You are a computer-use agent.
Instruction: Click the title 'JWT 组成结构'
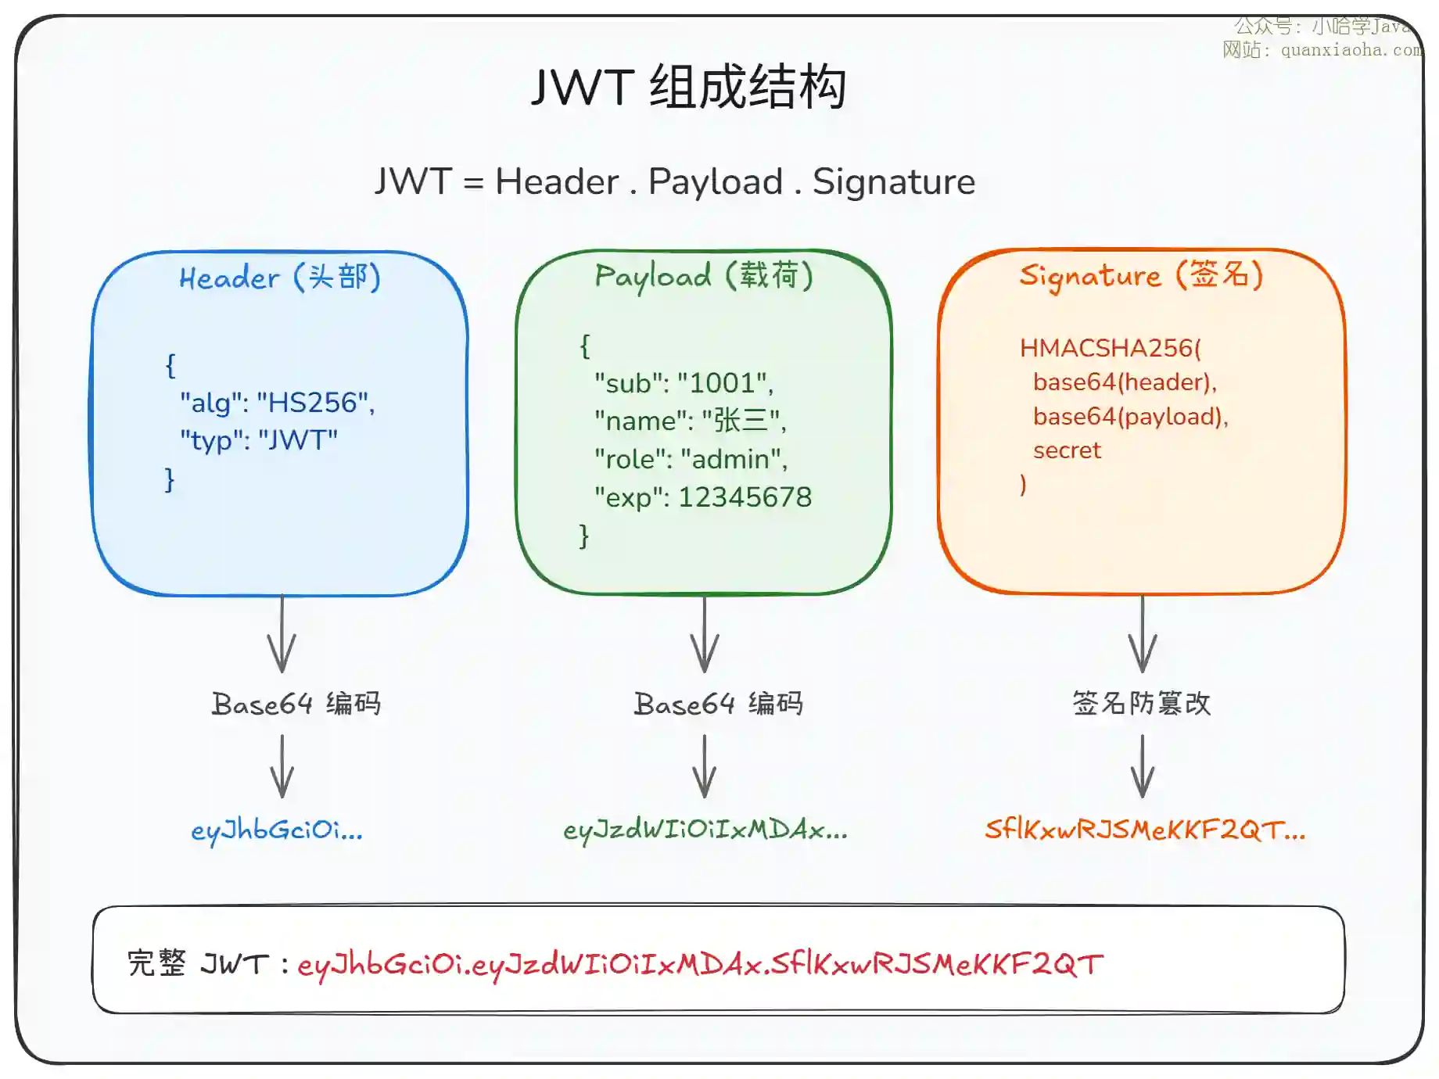click(688, 87)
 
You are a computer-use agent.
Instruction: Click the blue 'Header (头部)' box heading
click(279, 278)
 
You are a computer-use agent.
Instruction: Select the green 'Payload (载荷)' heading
click(703, 276)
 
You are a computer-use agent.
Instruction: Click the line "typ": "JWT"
click(259, 440)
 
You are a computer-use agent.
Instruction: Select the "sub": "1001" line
click(684, 383)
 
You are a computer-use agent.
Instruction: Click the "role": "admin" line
click(691, 459)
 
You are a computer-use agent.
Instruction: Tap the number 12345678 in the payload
click(745, 497)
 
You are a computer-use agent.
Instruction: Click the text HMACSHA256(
click(1110, 348)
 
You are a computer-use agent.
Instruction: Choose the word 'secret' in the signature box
click(1067, 450)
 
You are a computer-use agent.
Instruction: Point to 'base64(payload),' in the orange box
click(1130, 417)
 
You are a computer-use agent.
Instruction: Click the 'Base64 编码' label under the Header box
click(296, 704)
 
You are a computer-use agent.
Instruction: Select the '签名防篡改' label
click(1141, 704)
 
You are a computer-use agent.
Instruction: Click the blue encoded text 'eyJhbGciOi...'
click(277, 830)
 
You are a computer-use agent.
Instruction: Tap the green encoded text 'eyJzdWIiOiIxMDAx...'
click(705, 830)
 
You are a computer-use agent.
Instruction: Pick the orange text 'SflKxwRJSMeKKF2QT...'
click(1144, 830)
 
